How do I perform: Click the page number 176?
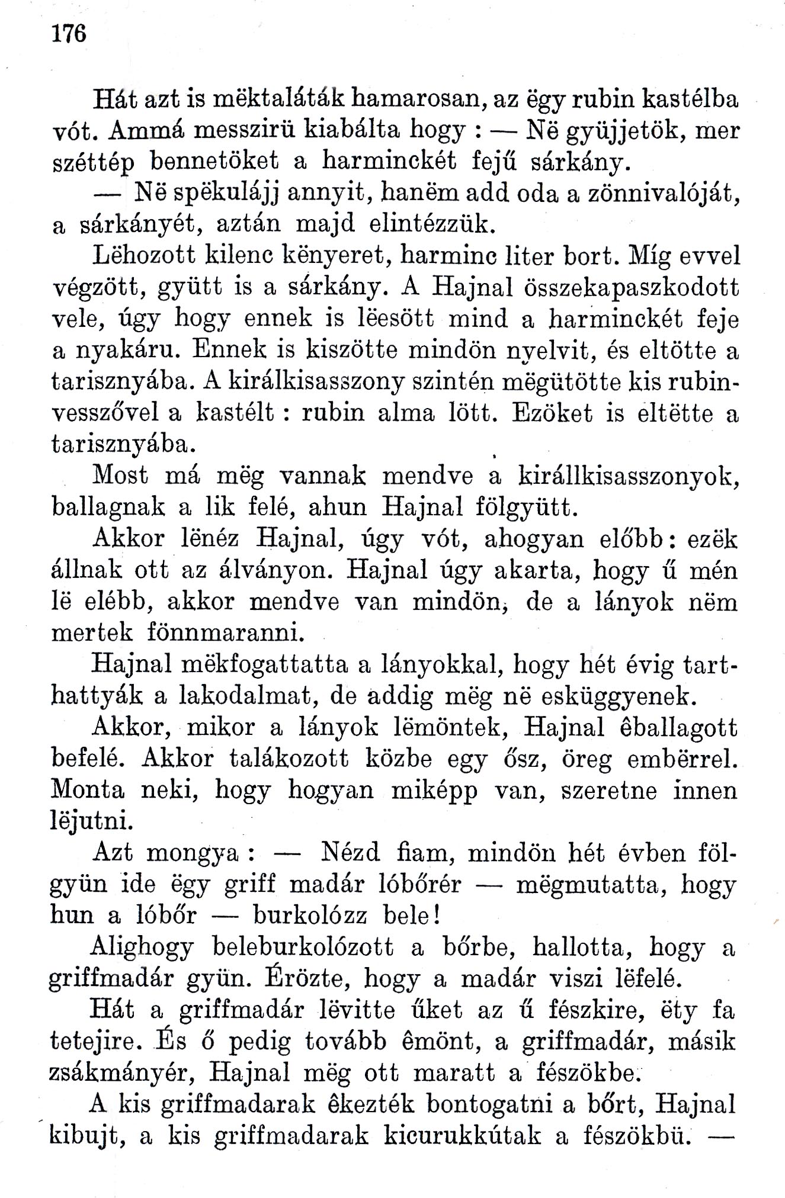click(69, 34)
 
